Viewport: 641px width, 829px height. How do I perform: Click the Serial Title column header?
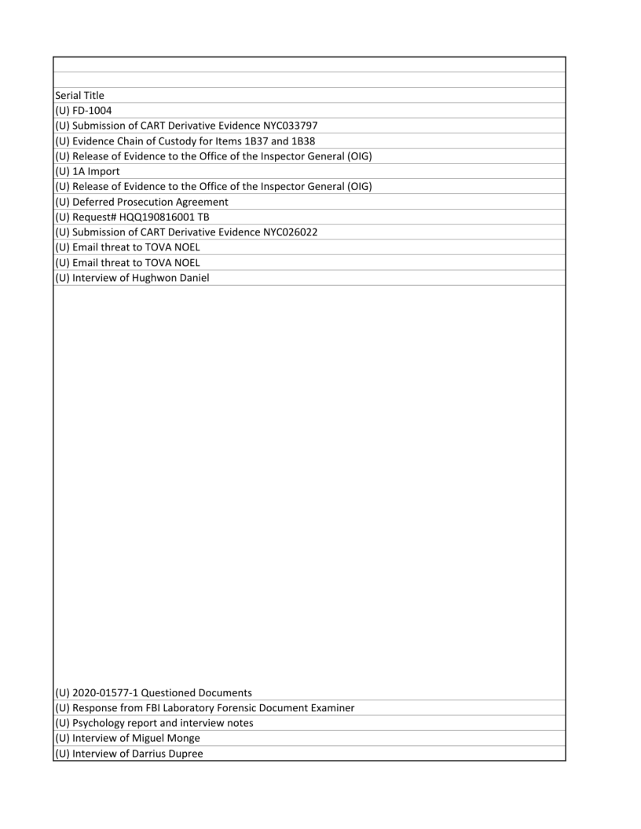(x=79, y=96)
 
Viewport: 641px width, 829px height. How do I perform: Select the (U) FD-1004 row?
(x=83, y=111)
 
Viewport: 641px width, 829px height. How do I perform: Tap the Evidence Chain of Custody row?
(x=185, y=141)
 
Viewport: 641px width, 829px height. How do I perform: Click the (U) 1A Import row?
(x=86, y=171)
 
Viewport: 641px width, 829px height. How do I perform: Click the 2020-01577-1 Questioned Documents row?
(x=153, y=692)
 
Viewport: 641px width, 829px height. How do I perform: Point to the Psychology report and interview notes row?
(x=154, y=723)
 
